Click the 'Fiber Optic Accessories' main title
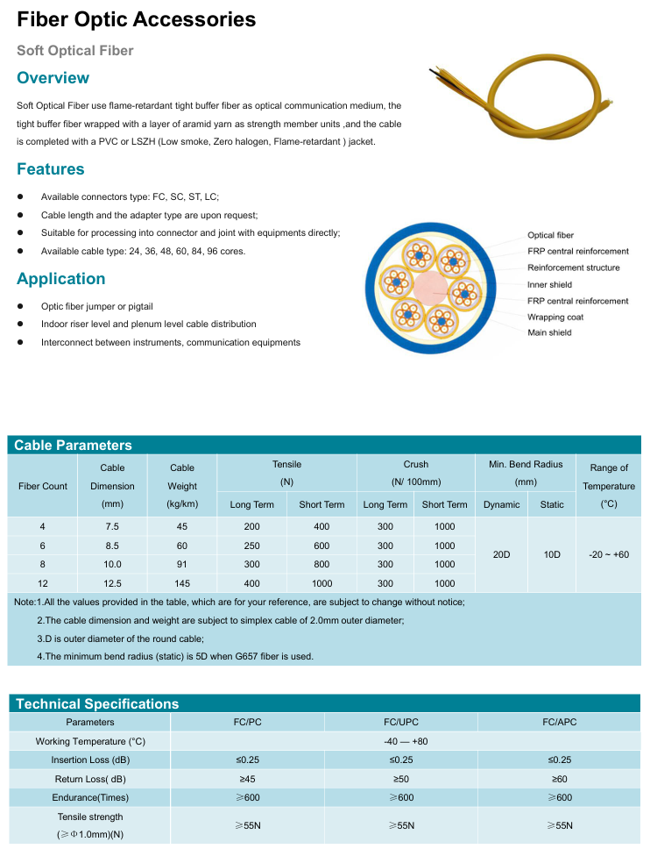(137, 19)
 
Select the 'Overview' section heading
(53, 78)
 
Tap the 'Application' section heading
(61, 279)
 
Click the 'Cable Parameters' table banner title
(73, 445)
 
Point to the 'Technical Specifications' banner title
(97, 703)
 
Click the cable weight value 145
(182, 583)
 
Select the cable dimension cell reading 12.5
(112, 583)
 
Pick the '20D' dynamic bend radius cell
(501, 555)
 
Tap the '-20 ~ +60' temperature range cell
(609, 555)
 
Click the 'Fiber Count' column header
(43, 486)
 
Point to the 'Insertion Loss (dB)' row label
(90, 760)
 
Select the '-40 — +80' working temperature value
(400, 741)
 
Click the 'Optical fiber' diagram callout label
(550, 235)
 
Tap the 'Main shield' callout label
(549, 332)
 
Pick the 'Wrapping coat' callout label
(555, 317)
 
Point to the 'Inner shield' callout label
(549, 284)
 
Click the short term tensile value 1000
(321, 583)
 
